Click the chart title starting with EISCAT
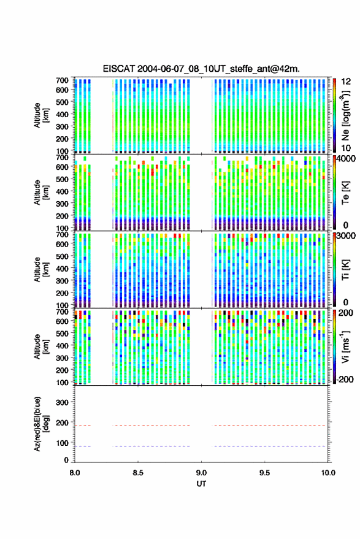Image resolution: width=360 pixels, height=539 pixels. pyautogui.click(x=201, y=69)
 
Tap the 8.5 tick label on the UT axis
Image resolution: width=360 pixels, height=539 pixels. pyautogui.click(x=138, y=473)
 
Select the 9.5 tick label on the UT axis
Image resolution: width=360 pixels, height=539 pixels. pyautogui.click(x=264, y=473)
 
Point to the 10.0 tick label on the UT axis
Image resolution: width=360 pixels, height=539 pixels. pyautogui.click(x=328, y=473)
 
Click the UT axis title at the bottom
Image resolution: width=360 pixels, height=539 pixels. pyautogui.click(x=201, y=484)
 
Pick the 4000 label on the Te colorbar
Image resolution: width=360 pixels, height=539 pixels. pyautogui.click(x=346, y=159)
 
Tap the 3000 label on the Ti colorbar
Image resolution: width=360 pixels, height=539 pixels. pyautogui.click(x=346, y=236)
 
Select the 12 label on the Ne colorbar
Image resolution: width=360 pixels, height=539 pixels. pyautogui.click(x=346, y=82)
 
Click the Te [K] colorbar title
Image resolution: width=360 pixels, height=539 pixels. pyautogui.click(x=345, y=193)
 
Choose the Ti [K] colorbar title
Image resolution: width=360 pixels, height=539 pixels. pyautogui.click(x=345, y=270)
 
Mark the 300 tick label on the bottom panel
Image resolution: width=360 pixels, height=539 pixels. pyautogui.click(x=62, y=402)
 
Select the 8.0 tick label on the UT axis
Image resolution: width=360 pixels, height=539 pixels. pyautogui.click(x=75, y=473)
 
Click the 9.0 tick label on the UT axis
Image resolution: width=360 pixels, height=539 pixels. pyautogui.click(x=201, y=473)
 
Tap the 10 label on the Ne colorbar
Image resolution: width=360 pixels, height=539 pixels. pyautogui.click(x=346, y=148)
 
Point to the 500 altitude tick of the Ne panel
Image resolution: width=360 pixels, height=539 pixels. pyautogui.click(x=62, y=102)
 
